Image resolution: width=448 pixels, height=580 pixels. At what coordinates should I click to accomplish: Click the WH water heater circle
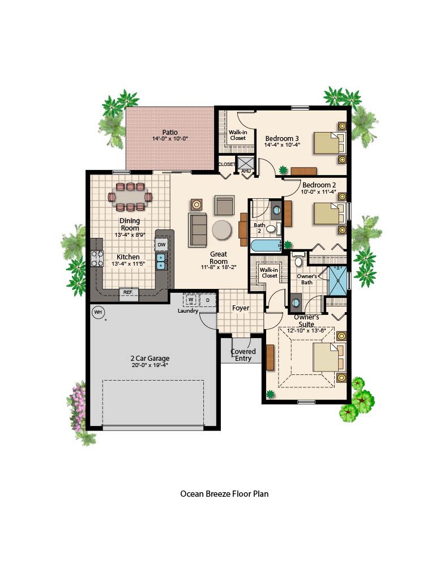pyautogui.click(x=97, y=312)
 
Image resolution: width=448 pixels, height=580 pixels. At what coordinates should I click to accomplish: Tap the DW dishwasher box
pyautogui.click(x=161, y=245)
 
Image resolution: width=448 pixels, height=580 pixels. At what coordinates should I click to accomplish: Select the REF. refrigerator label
pyautogui.click(x=128, y=292)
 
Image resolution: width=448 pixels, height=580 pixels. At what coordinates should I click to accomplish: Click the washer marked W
pyautogui.click(x=191, y=300)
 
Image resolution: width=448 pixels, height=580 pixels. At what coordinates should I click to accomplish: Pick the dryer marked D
pyautogui.click(x=208, y=300)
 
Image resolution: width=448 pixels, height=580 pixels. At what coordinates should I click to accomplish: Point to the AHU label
pyautogui.click(x=246, y=171)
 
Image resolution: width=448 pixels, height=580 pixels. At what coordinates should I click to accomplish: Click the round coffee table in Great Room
pyautogui.click(x=222, y=230)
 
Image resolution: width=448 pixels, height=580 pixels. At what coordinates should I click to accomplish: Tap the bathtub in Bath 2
pyautogui.click(x=266, y=246)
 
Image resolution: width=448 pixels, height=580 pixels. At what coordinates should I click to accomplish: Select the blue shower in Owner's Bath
pyautogui.click(x=338, y=281)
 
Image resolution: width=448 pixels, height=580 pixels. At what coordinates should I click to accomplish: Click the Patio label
pyautogui.click(x=170, y=132)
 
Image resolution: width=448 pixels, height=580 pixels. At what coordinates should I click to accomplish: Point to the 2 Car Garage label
pyautogui.click(x=150, y=358)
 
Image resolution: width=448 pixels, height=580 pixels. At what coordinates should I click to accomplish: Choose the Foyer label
pyautogui.click(x=241, y=308)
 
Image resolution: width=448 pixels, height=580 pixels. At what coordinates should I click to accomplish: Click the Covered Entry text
pyautogui.click(x=243, y=355)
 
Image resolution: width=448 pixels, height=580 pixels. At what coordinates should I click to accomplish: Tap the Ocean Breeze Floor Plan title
pyautogui.click(x=224, y=494)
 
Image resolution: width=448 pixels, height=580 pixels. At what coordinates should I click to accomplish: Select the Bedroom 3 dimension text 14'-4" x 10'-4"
pyautogui.click(x=282, y=145)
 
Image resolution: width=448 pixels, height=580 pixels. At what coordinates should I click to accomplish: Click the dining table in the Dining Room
pyautogui.click(x=130, y=197)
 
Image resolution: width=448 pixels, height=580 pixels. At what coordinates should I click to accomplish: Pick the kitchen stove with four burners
pyautogui.click(x=97, y=258)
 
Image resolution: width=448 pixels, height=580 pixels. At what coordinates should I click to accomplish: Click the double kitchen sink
pyautogui.click(x=161, y=261)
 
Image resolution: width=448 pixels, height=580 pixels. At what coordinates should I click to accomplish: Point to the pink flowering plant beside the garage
pyautogui.click(x=78, y=407)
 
